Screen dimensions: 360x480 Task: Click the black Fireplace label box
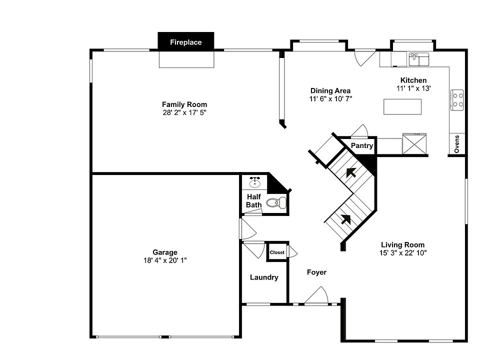click(x=185, y=41)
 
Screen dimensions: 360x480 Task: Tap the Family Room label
click(x=184, y=104)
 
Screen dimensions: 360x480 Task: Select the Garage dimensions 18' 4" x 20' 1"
click(x=165, y=260)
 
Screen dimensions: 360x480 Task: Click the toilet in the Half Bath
click(x=276, y=202)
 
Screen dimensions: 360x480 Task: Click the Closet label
click(x=277, y=252)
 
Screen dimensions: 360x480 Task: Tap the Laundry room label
click(x=264, y=277)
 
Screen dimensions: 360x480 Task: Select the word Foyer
click(x=316, y=272)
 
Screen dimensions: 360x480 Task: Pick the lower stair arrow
click(x=345, y=218)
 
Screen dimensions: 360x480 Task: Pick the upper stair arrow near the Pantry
click(x=352, y=173)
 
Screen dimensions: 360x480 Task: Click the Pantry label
click(x=361, y=146)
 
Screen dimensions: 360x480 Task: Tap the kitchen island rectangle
click(x=402, y=106)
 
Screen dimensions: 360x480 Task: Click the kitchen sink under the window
click(x=419, y=59)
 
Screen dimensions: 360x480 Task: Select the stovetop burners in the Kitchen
click(x=457, y=99)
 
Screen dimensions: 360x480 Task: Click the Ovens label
click(x=456, y=144)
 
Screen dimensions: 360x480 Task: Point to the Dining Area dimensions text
click(x=330, y=98)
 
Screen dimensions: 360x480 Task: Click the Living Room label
click(x=403, y=245)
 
